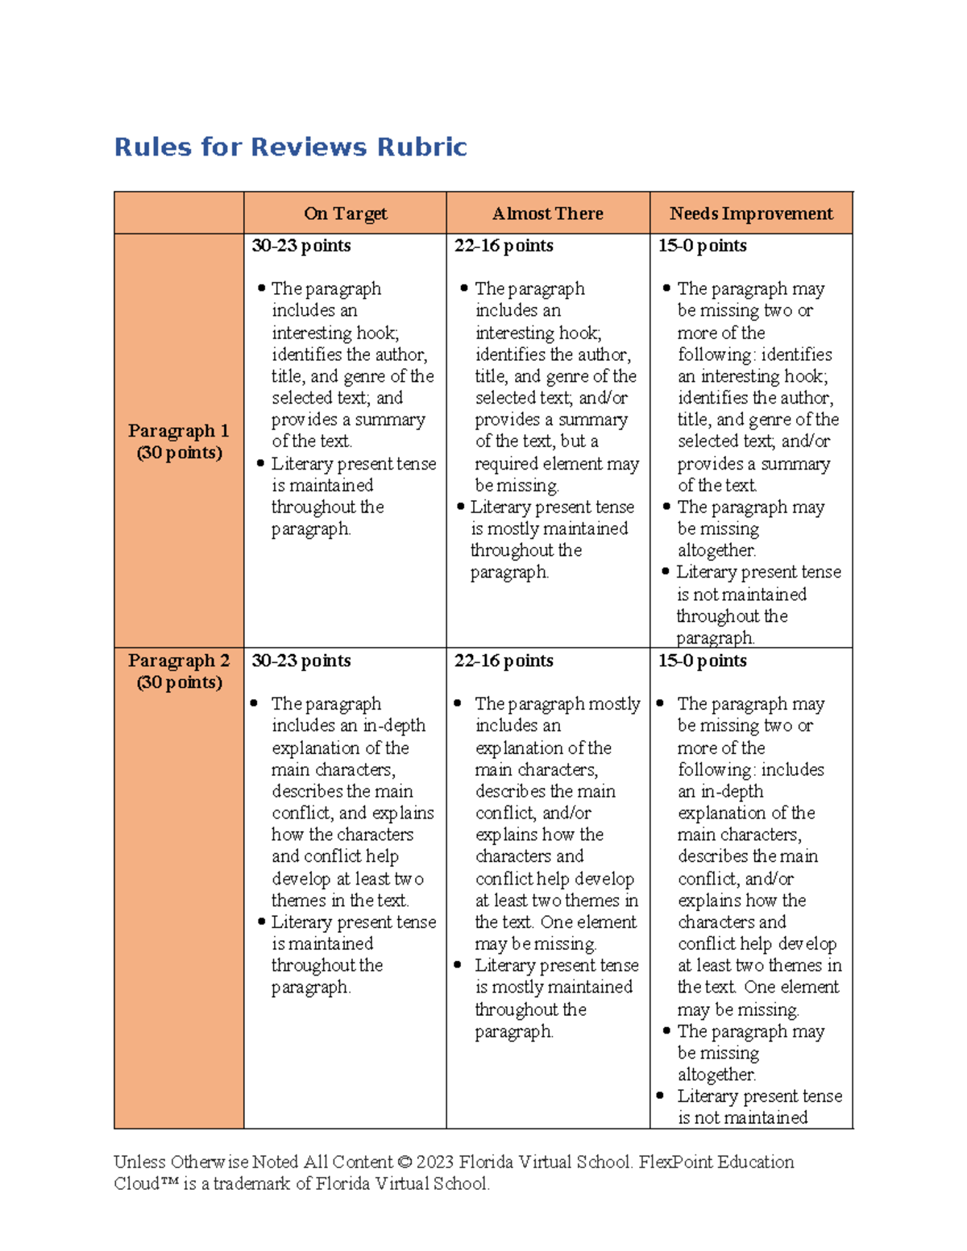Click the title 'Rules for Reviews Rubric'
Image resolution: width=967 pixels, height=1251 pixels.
click(x=290, y=147)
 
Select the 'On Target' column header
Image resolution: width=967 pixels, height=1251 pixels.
click(x=345, y=213)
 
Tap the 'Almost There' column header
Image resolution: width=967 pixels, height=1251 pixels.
click(x=548, y=213)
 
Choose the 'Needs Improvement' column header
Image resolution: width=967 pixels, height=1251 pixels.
click(x=751, y=213)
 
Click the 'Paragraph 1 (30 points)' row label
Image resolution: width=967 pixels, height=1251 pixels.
click(x=179, y=441)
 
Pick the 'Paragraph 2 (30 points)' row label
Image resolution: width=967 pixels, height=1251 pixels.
click(x=179, y=671)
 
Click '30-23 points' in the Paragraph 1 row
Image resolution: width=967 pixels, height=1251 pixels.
click(x=301, y=246)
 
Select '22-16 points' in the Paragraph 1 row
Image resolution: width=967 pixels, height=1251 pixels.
click(x=504, y=246)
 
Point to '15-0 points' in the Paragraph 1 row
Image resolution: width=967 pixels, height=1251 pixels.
click(x=702, y=246)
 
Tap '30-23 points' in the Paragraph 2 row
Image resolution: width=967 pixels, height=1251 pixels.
click(x=301, y=661)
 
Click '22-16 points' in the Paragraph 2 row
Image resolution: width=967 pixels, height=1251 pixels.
click(x=504, y=661)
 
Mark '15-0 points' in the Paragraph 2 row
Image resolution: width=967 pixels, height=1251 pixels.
click(x=702, y=661)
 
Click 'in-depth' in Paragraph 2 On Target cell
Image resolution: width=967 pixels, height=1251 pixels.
click(x=394, y=726)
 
